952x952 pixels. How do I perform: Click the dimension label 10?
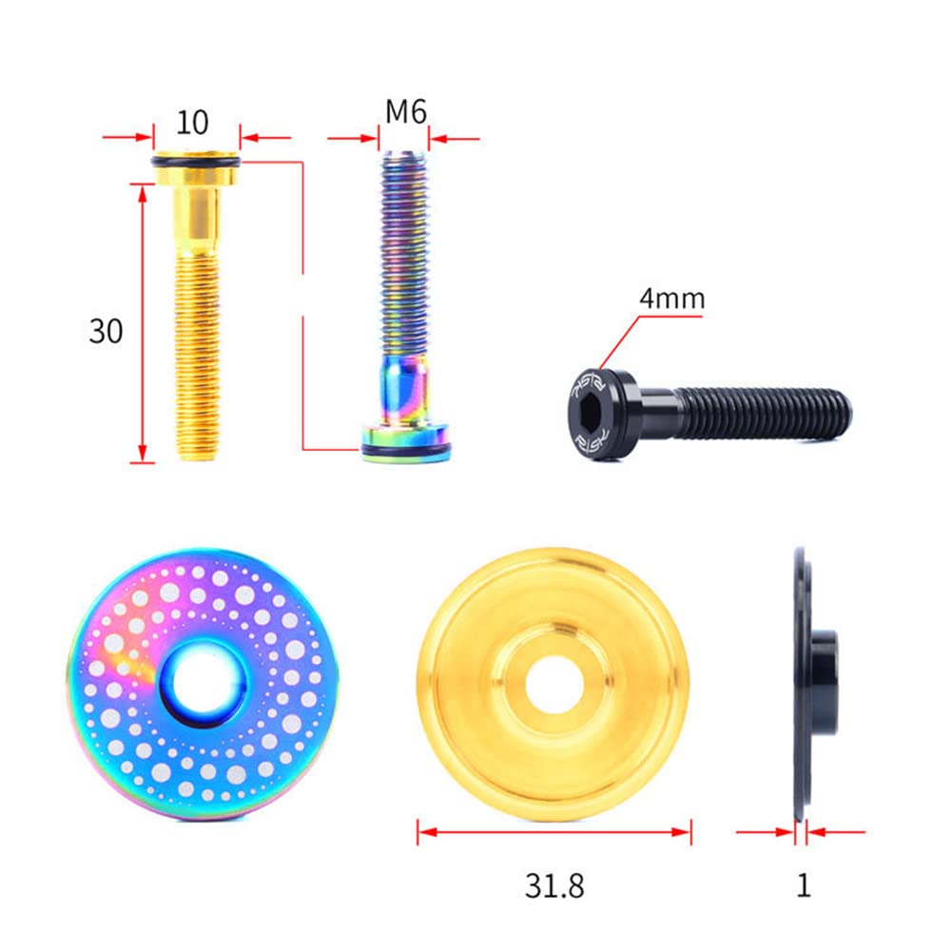point(192,122)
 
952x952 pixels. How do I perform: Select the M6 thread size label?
point(405,111)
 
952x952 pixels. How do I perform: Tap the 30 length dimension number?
point(106,331)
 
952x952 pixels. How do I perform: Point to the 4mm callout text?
point(672,299)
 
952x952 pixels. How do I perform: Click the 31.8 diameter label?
point(554,885)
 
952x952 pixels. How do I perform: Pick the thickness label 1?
point(804,885)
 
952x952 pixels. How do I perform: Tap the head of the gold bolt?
point(196,168)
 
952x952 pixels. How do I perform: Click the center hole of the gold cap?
point(554,685)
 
